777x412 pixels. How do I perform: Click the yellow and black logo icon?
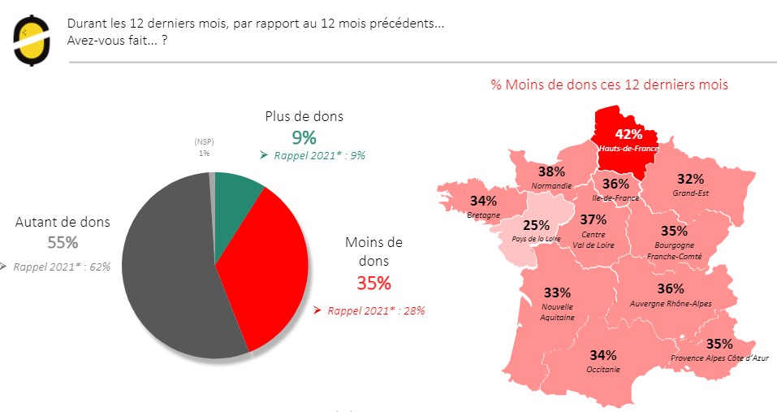point(31,40)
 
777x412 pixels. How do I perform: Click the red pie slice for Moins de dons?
point(272,268)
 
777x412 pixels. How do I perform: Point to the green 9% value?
point(304,137)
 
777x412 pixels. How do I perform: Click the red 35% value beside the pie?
point(373,283)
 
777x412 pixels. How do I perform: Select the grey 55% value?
point(62,242)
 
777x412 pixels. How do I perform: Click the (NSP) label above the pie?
point(203,141)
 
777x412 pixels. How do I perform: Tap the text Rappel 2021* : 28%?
point(375,310)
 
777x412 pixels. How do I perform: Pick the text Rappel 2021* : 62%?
point(62,266)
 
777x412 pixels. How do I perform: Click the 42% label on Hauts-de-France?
point(628,134)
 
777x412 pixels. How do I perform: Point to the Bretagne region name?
point(483,215)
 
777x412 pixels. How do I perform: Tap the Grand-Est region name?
point(690,193)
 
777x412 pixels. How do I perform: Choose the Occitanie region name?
point(603,369)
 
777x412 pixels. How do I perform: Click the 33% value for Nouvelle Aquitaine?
point(558,292)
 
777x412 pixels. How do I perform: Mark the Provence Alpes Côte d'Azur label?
point(719,358)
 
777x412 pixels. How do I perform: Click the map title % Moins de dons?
point(609,85)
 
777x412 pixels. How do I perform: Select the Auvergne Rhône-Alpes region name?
point(671,303)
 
